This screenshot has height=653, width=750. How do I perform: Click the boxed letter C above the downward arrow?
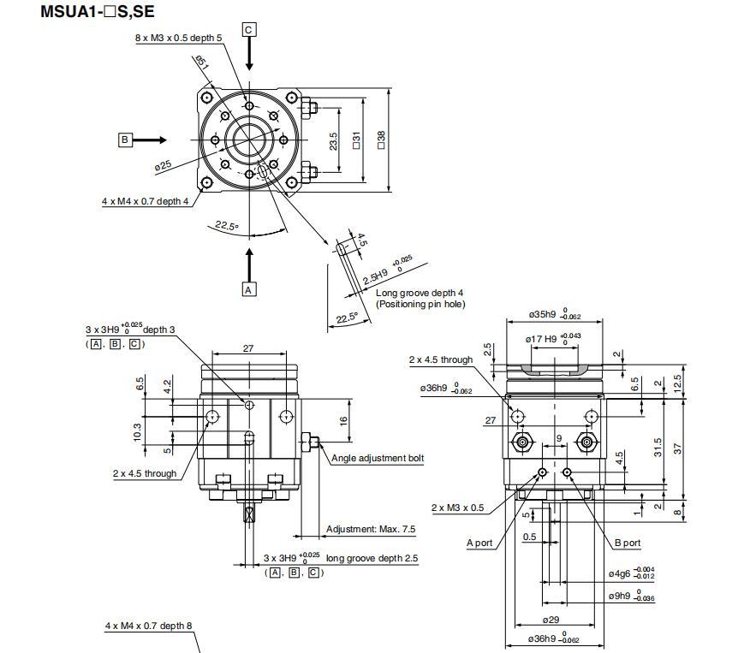(x=248, y=30)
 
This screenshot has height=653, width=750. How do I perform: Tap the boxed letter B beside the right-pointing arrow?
(x=125, y=140)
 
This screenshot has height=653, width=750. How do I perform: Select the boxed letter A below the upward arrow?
(x=249, y=289)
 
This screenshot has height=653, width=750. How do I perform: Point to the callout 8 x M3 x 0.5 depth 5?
(x=178, y=39)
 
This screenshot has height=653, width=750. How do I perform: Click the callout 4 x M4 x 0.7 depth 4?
(x=145, y=202)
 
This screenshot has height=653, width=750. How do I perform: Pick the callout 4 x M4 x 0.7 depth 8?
(x=149, y=626)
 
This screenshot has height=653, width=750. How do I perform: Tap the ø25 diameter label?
(x=163, y=166)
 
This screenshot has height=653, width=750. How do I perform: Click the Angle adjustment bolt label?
(x=378, y=459)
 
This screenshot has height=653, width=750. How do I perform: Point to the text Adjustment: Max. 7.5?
(x=371, y=529)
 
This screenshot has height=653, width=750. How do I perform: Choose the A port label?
(x=480, y=543)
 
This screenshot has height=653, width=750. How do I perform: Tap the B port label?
(x=628, y=543)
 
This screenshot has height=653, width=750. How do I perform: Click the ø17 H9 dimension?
(x=545, y=339)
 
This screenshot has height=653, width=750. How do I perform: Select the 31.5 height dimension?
(x=658, y=447)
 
